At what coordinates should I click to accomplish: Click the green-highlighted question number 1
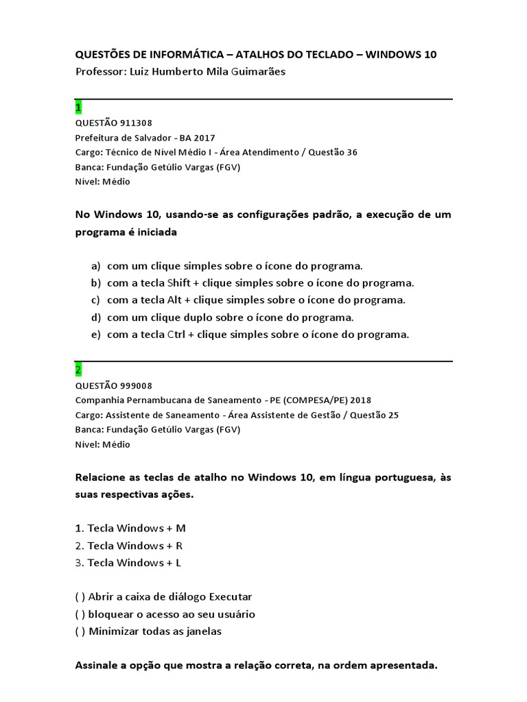pyautogui.click(x=78, y=108)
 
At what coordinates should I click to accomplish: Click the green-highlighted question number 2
pyautogui.click(x=78, y=370)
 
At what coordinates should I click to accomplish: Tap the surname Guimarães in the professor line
pyautogui.click(x=250, y=72)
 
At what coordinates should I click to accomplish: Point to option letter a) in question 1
pyautogui.click(x=95, y=266)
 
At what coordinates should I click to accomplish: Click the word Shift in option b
pyautogui.click(x=179, y=282)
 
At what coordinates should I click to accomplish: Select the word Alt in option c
pyautogui.click(x=175, y=300)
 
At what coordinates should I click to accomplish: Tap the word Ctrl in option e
pyautogui.click(x=176, y=335)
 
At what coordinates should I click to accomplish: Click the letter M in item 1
pyautogui.click(x=181, y=529)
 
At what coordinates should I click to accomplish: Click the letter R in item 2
pyautogui.click(x=179, y=546)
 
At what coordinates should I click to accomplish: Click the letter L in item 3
pyautogui.click(x=178, y=563)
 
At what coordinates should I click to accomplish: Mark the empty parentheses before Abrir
pyautogui.click(x=80, y=597)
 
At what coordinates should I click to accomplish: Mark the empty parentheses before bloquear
pyautogui.click(x=80, y=614)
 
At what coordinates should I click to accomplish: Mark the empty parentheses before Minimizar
pyautogui.click(x=80, y=631)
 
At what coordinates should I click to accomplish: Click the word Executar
pyautogui.click(x=231, y=597)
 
